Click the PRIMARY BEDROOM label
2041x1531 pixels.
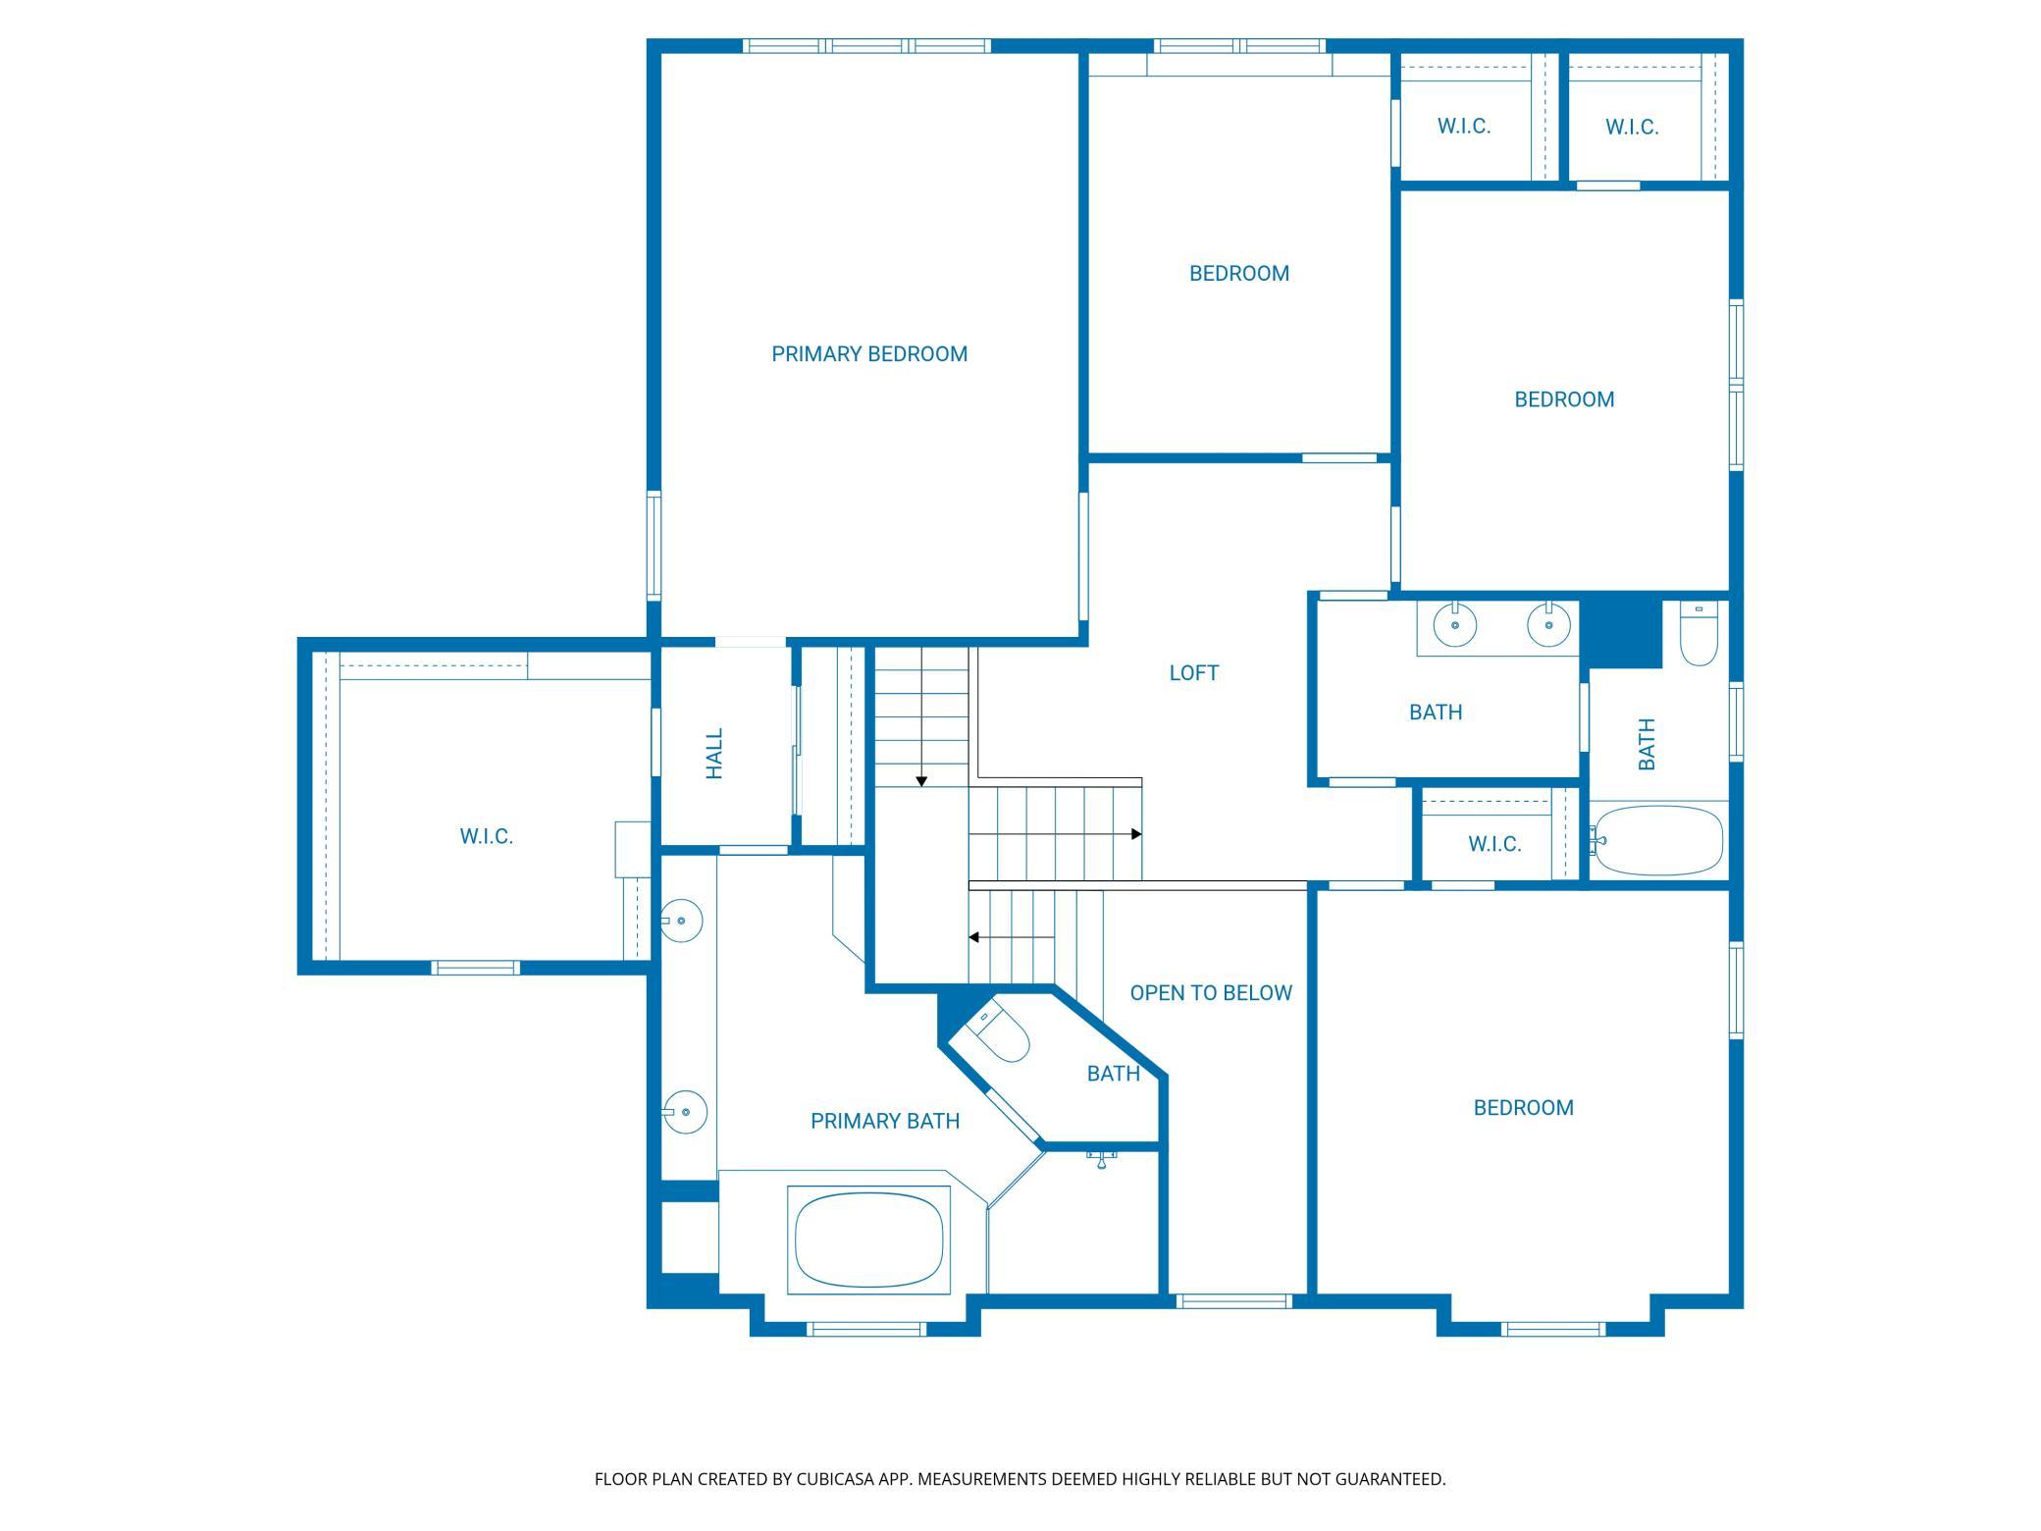869,354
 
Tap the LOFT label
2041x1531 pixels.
1194,673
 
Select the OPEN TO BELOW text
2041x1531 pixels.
1211,993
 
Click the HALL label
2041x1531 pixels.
714,754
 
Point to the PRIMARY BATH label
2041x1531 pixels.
885,1121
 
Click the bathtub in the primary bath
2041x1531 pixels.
869,1237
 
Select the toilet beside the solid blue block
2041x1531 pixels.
1700,634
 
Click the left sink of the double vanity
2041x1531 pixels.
1456,623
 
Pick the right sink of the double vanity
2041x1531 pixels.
1548,623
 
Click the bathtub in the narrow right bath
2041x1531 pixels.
1657,841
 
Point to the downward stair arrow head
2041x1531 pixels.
921,781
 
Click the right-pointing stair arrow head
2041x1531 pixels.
1136,834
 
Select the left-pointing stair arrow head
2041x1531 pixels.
974,937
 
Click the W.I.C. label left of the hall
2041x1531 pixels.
487,836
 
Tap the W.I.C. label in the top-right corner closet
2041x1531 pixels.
1632,127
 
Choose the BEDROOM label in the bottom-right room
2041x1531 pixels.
1524,1108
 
